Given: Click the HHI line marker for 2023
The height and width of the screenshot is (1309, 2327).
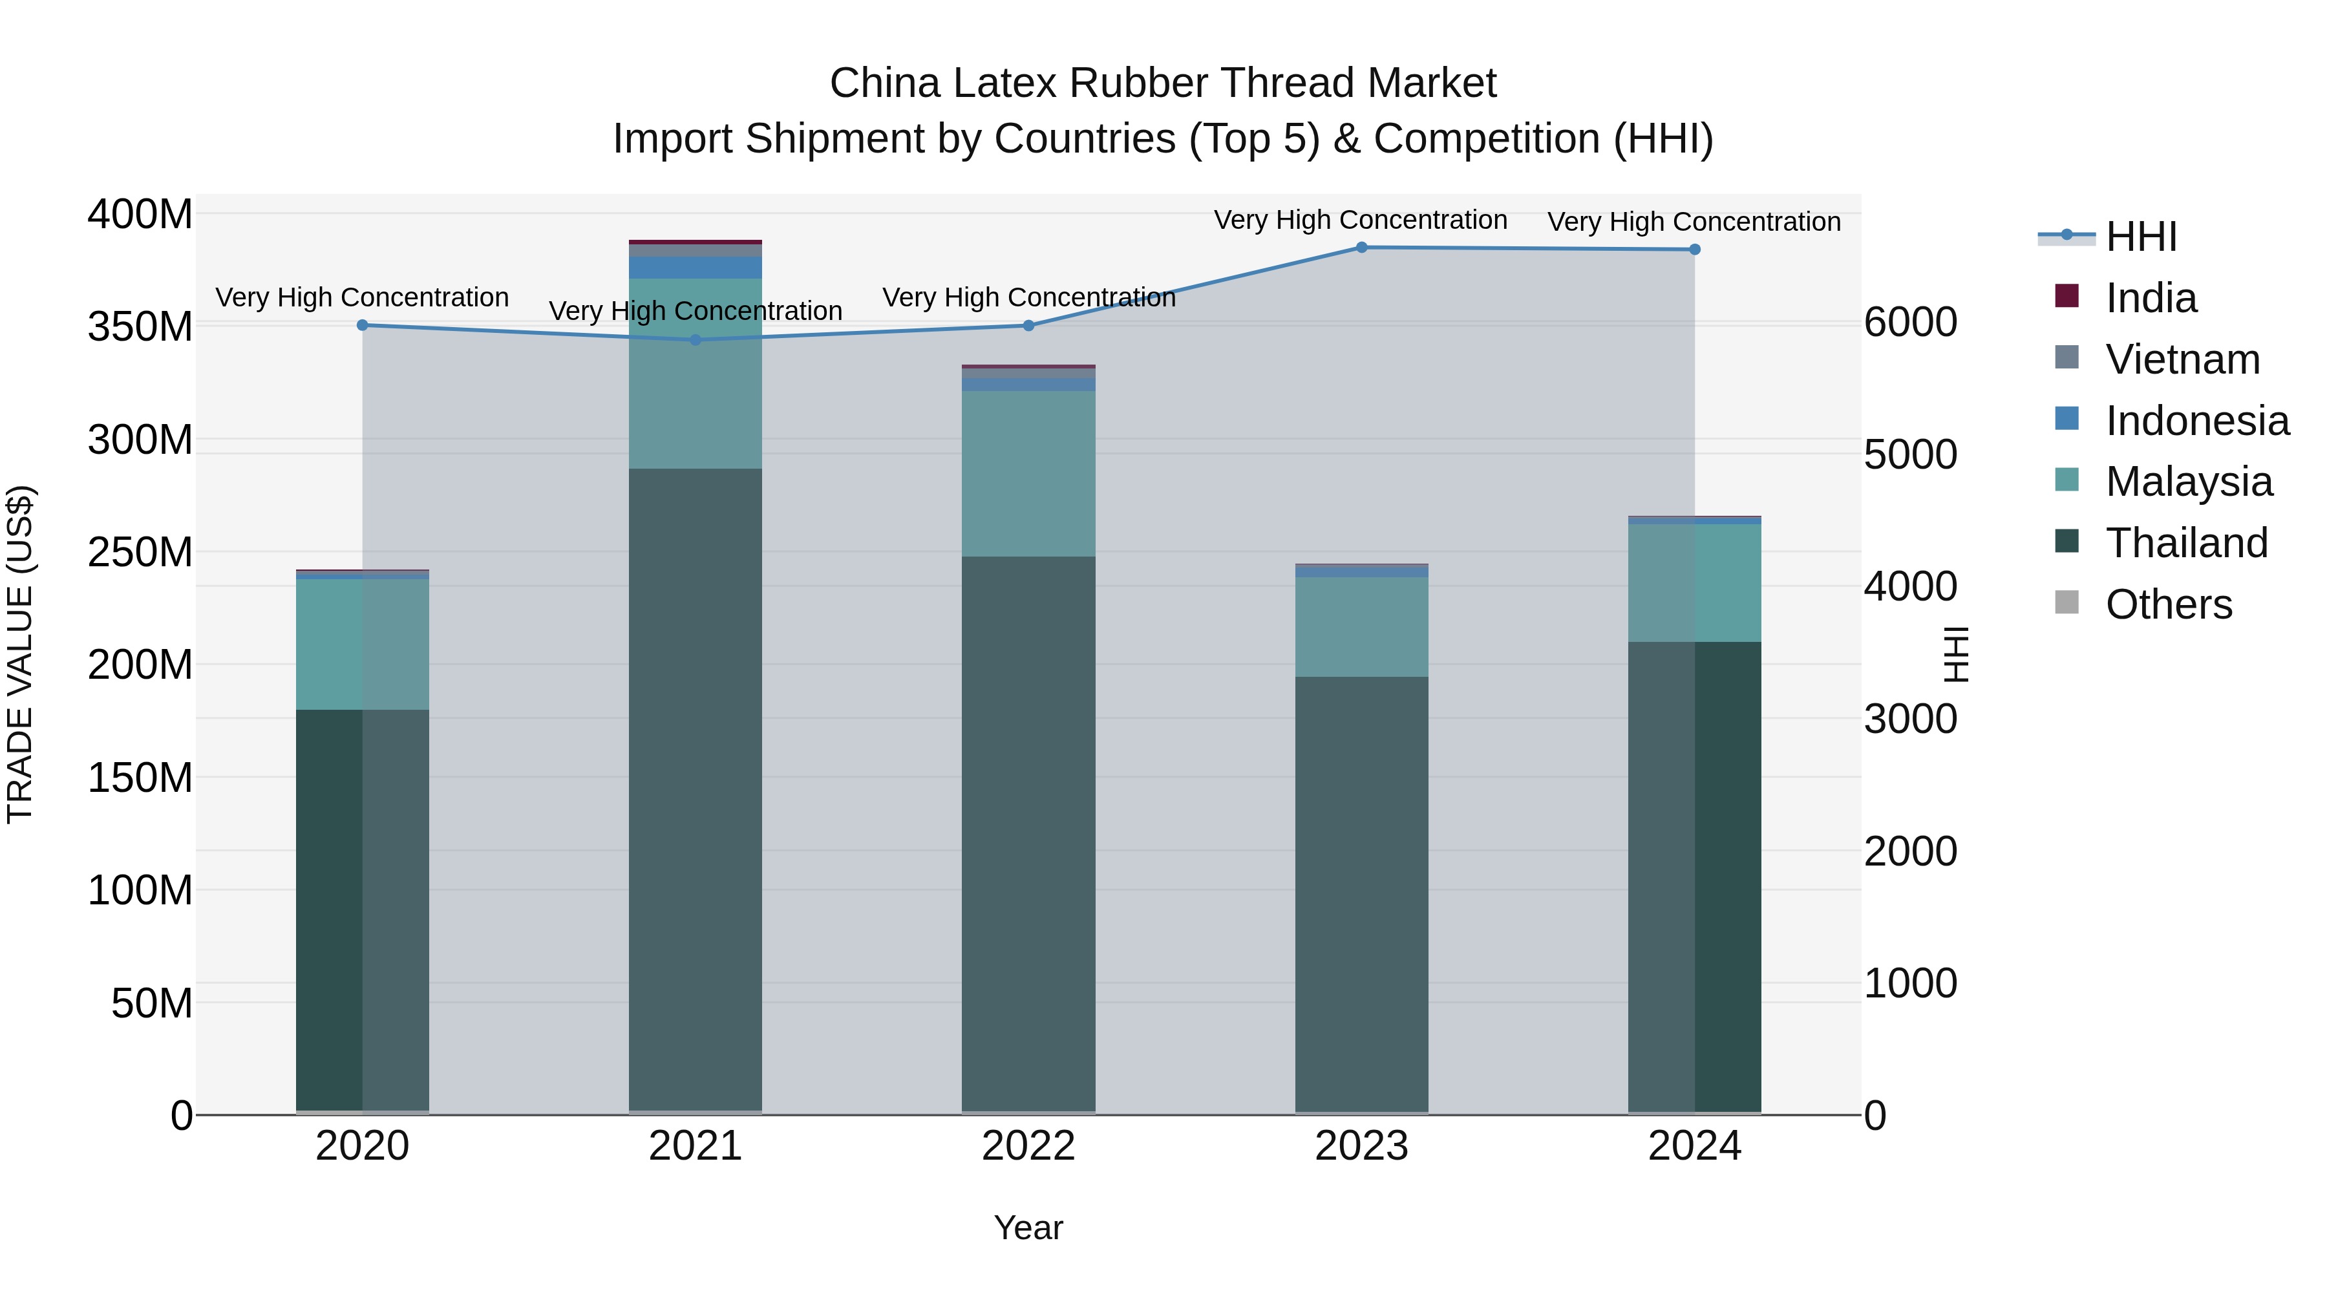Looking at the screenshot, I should click(x=1361, y=248).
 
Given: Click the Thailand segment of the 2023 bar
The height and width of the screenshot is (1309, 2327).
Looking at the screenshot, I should click(x=1361, y=895).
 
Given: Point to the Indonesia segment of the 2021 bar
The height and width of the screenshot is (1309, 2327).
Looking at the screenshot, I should click(x=696, y=268).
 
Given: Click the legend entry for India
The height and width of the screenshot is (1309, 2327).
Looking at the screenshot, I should click(x=2150, y=298).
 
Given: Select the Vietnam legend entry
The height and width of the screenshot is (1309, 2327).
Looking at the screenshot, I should click(x=2182, y=359).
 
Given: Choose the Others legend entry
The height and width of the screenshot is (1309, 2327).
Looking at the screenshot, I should click(x=2168, y=604).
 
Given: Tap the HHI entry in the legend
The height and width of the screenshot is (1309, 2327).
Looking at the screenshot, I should click(x=2140, y=237).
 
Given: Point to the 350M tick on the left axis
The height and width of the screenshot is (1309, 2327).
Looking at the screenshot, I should click(x=140, y=327).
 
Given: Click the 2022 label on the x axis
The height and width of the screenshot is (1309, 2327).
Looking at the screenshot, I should click(x=1028, y=1146).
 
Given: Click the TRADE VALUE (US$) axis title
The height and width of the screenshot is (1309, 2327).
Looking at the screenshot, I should click(x=20, y=654).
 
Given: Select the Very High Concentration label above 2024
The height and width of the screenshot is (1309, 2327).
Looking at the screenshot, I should click(x=1694, y=221).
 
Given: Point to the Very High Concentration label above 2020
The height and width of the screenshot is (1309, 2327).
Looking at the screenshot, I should click(x=362, y=297).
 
